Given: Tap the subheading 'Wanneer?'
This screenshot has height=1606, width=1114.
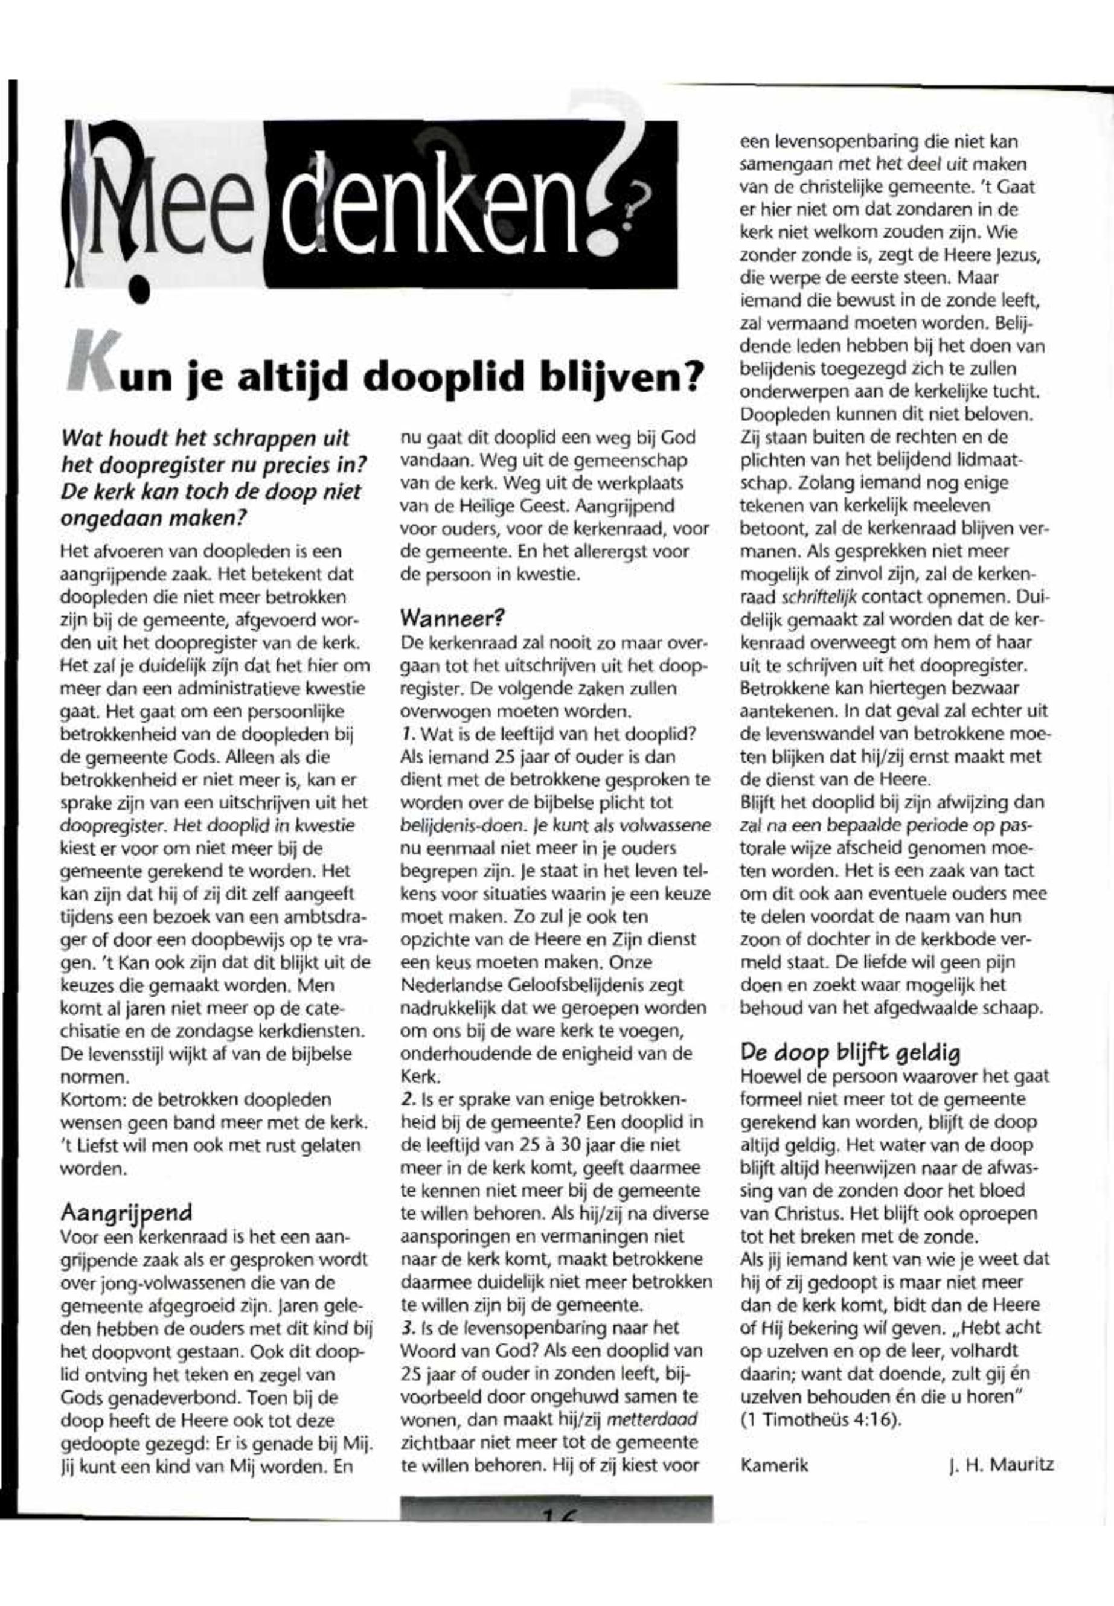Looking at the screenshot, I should (x=452, y=618).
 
